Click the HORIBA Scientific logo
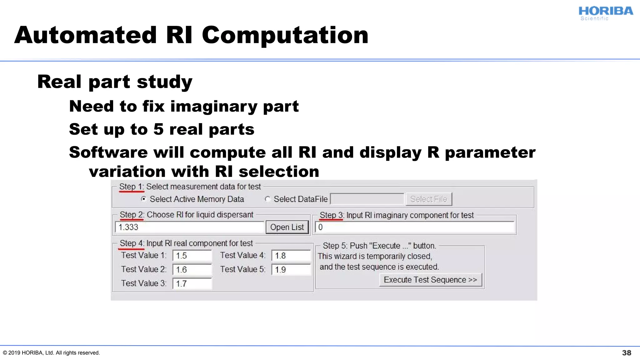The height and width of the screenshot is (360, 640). click(x=605, y=13)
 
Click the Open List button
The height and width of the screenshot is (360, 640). click(x=287, y=227)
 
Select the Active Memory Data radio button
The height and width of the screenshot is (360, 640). click(x=143, y=199)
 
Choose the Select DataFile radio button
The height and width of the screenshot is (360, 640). click(x=267, y=199)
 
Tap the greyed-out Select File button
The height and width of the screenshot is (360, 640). click(x=428, y=199)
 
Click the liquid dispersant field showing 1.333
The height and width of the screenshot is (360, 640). click(x=189, y=227)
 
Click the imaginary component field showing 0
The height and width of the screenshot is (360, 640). click(x=415, y=227)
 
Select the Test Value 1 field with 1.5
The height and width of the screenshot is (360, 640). click(x=192, y=256)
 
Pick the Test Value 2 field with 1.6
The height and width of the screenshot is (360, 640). click(x=192, y=270)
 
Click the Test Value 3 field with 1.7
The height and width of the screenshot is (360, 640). click(x=192, y=284)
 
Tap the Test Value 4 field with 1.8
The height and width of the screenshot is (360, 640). click(x=291, y=256)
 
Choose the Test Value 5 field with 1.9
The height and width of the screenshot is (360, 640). click(x=291, y=270)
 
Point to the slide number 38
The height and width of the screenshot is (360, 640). click(x=626, y=353)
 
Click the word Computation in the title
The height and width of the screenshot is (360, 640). click(x=285, y=35)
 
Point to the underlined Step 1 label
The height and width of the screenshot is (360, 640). click(x=131, y=187)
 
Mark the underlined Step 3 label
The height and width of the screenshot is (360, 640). click(x=331, y=215)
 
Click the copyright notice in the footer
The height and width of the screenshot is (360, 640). click(x=51, y=353)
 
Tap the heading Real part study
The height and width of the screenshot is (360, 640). click(x=115, y=82)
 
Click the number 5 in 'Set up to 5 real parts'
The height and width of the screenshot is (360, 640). click(x=158, y=129)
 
